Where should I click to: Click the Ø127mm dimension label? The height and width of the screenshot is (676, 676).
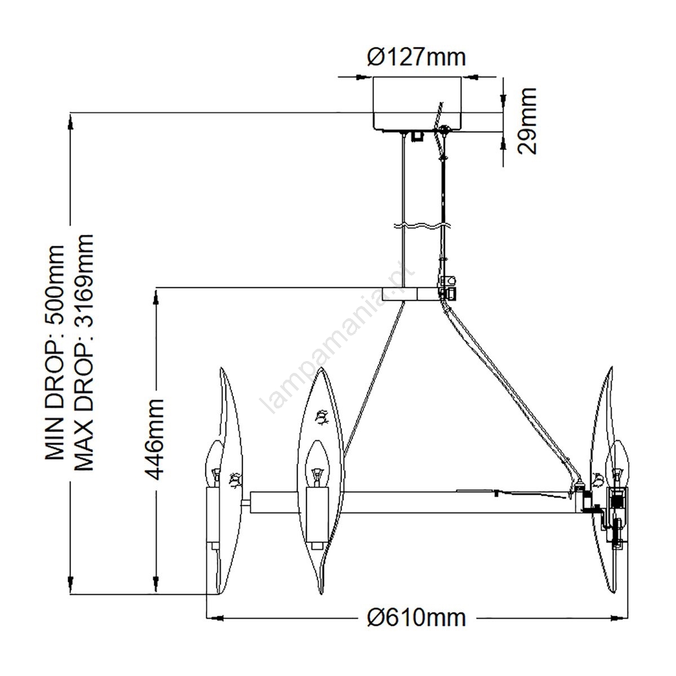pos(416,57)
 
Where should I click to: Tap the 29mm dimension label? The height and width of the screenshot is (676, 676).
pos(527,121)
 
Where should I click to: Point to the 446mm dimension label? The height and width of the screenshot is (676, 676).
pos(154,439)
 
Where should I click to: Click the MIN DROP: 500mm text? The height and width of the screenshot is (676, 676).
pos(55,353)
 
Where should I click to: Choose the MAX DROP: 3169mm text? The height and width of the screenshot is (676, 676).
pos(84,353)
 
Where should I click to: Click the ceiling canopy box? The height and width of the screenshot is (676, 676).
pos(416,104)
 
